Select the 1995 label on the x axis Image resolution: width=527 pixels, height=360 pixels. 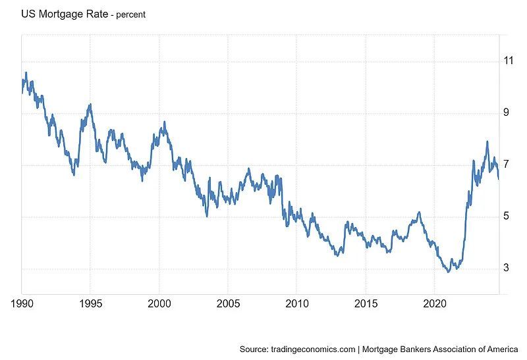click(x=90, y=304)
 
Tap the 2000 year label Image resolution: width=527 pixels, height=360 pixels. click(x=159, y=304)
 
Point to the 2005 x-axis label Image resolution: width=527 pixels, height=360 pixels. click(x=227, y=304)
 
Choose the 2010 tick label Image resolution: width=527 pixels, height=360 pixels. click(x=296, y=304)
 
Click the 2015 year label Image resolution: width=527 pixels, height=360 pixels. click(x=366, y=304)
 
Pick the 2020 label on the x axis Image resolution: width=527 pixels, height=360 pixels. click(x=434, y=304)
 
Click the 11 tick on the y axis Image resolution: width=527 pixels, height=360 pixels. click(x=508, y=61)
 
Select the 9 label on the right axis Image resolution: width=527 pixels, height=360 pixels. click(x=506, y=113)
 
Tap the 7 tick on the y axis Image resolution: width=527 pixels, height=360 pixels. click(x=506, y=164)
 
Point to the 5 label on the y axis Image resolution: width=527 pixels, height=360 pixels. click(x=506, y=216)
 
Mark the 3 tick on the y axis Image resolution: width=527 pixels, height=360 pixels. click(x=506, y=268)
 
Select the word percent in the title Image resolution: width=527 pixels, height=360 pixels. click(x=131, y=14)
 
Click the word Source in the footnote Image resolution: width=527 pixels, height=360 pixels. click(x=254, y=349)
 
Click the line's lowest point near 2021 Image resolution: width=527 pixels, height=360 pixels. click(x=449, y=271)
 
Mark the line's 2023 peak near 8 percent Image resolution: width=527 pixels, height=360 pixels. click(x=487, y=141)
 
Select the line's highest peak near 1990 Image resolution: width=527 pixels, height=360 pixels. click(x=26, y=72)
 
